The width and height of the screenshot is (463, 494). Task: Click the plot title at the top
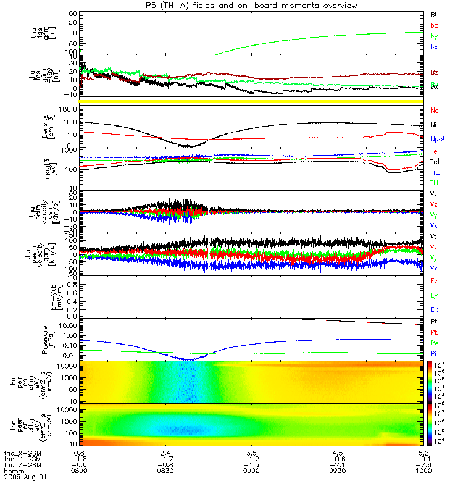pos(249,6)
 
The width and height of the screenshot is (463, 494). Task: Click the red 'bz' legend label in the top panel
pos(435,25)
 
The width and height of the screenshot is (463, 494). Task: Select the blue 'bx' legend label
pos(435,47)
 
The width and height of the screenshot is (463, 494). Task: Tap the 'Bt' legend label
pos(435,14)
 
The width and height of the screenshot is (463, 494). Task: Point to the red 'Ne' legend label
pos(435,111)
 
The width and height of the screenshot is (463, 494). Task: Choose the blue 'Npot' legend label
pos(437,140)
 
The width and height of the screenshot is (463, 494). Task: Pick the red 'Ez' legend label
pos(435,281)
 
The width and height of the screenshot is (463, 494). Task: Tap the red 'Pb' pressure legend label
pos(435,332)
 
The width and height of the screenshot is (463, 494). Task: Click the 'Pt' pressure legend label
pos(435,322)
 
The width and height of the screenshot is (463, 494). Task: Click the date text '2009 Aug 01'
pos(25,477)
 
